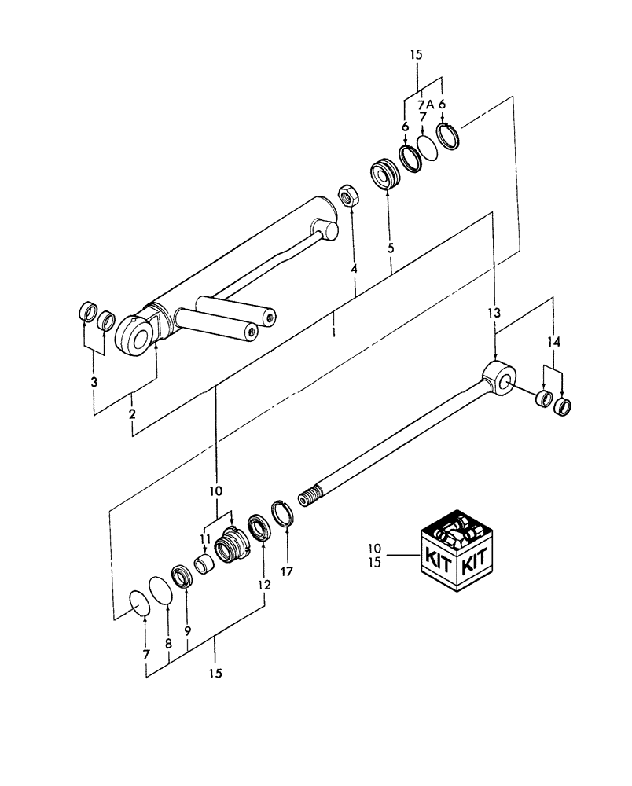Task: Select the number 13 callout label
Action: (493, 313)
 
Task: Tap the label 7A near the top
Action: (426, 104)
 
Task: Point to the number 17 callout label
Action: (286, 571)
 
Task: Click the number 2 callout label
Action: (133, 413)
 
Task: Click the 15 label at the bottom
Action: (215, 674)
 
